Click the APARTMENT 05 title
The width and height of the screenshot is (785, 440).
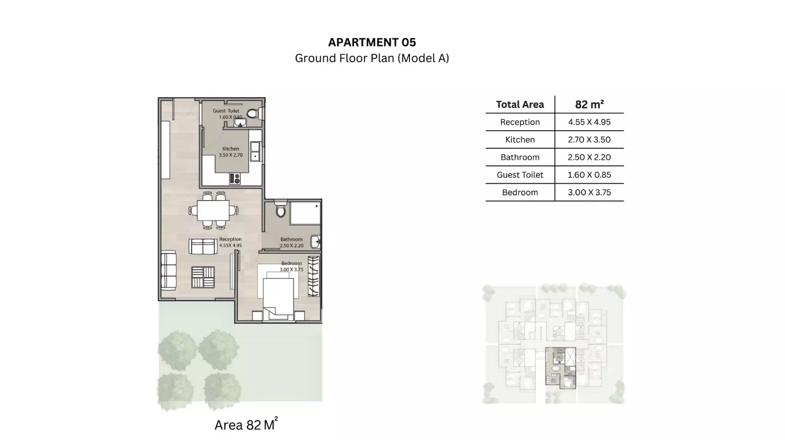click(372, 42)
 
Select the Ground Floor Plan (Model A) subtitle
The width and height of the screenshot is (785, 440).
click(372, 58)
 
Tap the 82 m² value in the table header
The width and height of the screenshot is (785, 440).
click(589, 104)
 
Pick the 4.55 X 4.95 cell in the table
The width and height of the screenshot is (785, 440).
click(589, 122)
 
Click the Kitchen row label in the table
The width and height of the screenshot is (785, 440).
click(520, 140)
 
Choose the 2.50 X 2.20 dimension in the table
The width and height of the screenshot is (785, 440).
click(589, 157)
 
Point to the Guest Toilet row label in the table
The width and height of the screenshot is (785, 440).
click(520, 175)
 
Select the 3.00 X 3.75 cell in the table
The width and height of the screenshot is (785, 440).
click(589, 192)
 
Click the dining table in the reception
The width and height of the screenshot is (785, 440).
click(214, 211)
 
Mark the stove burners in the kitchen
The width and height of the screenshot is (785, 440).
click(235, 179)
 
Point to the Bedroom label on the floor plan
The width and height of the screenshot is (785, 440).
click(291, 263)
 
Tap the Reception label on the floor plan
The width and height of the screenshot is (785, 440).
click(230, 239)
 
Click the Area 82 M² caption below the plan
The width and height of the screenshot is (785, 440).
click(246, 424)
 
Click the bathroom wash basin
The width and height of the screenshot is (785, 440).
click(315, 241)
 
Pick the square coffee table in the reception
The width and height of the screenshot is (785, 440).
click(203, 278)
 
